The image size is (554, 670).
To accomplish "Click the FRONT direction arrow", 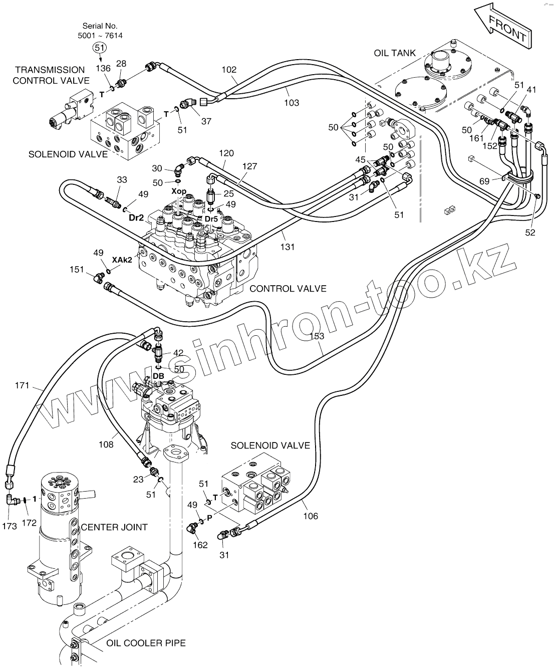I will [504, 27].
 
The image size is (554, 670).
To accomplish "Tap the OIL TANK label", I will [395, 53].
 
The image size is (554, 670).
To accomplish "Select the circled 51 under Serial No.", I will [100, 47].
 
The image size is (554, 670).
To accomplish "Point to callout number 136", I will [103, 68].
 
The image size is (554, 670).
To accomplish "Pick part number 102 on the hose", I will [229, 70].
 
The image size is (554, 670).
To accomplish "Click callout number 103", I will [292, 103].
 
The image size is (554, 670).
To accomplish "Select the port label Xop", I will [179, 192].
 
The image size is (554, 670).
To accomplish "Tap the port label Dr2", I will [137, 217].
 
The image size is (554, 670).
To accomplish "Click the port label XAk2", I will [122, 260].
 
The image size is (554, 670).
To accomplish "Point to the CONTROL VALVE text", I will [288, 289].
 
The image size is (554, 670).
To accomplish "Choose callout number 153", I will [317, 336].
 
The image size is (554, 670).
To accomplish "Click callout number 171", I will [23, 385].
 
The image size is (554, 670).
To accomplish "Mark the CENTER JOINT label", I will [114, 527].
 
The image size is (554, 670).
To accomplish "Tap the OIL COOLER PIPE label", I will [146, 643].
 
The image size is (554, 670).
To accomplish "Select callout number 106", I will [311, 516].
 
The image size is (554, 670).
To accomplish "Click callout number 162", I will [200, 545].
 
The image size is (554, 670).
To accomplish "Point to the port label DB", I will [158, 376].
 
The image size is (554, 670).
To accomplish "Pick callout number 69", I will [484, 181].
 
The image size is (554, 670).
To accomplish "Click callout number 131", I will [288, 247].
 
